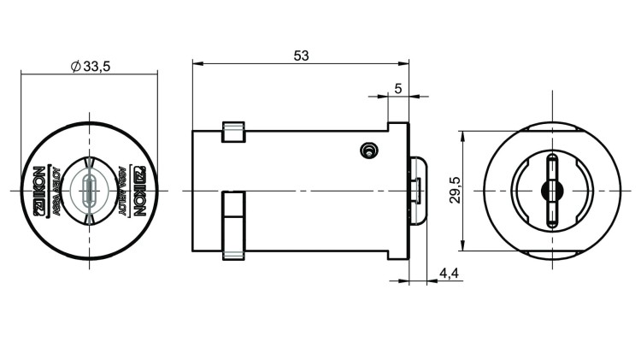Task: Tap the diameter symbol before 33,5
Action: (x=76, y=66)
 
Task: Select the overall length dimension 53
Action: (x=301, y=55)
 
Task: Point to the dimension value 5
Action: (x=398, y=88)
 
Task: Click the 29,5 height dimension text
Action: (x=455, y=191)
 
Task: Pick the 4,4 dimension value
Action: (x=450, y=273)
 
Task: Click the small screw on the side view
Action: (x=368, y=150)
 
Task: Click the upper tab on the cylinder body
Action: (x=233, y=131)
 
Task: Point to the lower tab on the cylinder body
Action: (x=233, y=224)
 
